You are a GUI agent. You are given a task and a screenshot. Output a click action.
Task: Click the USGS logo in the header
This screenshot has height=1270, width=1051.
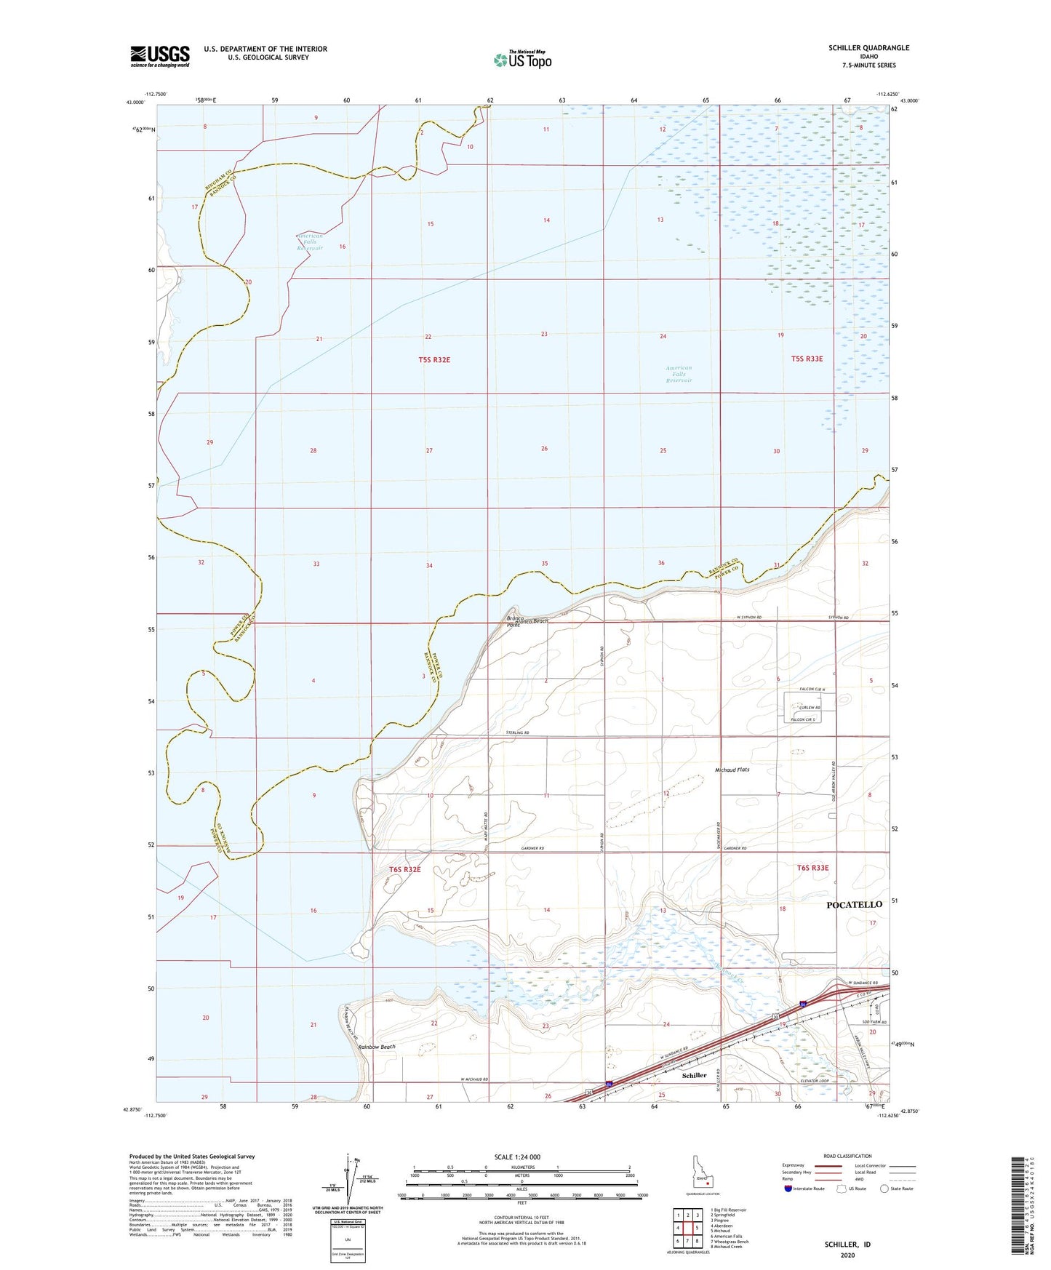point(160,55)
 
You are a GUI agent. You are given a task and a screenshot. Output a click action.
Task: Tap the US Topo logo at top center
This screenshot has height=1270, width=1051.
point(521,60)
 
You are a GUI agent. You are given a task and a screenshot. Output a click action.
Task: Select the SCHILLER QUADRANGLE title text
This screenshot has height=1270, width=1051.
point(868,48)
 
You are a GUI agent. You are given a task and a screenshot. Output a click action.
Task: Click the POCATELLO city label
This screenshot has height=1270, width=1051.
point(855,904)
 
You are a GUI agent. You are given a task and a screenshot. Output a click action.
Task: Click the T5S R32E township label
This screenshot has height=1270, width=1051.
point(429,359)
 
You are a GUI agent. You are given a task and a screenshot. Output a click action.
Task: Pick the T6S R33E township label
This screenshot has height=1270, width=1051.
point(812,867)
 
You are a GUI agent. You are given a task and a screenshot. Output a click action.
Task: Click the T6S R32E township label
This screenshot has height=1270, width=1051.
point(405,868)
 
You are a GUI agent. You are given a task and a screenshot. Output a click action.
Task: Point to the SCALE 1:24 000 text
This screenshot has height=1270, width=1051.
point(517,1157)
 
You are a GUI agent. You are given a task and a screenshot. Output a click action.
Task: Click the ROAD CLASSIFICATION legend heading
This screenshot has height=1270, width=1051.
point(847,1156)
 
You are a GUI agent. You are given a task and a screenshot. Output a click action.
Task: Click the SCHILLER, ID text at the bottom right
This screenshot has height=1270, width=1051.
point(847,1245)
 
